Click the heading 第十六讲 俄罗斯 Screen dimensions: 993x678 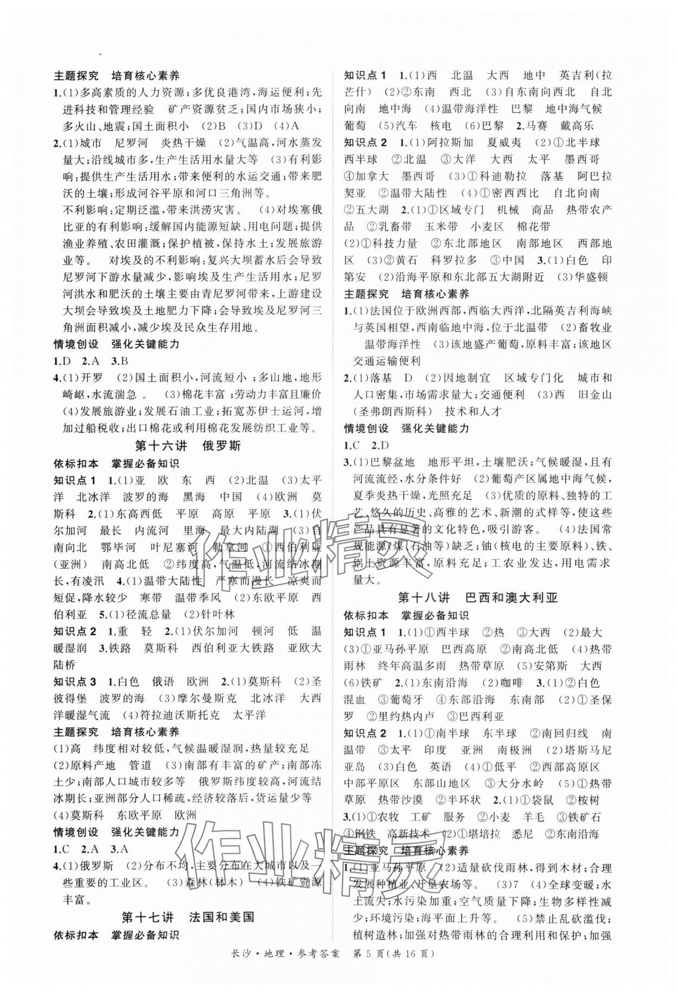187,446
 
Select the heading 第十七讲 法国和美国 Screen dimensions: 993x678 187,917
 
